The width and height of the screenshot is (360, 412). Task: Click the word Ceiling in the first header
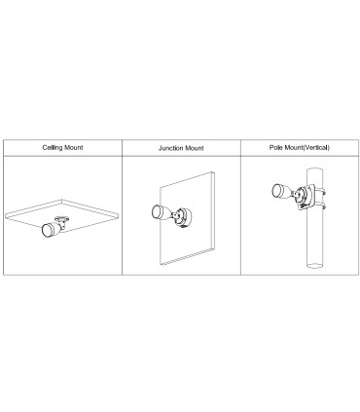click(x=53, y=148)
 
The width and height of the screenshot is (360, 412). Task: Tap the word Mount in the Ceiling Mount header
click(x=74, y=147)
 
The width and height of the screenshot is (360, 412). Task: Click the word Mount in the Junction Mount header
click(x=195, y=148)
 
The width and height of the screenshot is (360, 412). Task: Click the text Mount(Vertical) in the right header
click(x=306, y=147)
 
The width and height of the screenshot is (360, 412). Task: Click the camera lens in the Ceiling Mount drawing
click(x=47, y=230)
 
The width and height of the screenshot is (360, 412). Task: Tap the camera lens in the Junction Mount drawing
click(x=158, y=211)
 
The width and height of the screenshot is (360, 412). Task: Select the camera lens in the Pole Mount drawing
click(x=277, y=191)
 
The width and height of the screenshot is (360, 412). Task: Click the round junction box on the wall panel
click(x=184, y=217)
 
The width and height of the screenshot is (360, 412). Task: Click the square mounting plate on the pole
click(x=306, y=198)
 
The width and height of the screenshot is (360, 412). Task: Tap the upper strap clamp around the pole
click(x=320, y=192)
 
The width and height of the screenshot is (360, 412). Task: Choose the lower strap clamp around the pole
click(x=320, y=206)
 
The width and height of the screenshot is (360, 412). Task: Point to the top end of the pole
click(x=315, y=170)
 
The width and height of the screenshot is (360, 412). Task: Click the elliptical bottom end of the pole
click(x=315, y=266)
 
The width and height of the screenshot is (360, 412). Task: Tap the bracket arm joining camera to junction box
click(x=176, y=215)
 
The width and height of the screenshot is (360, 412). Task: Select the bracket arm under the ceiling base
click(x=62, y=224)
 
